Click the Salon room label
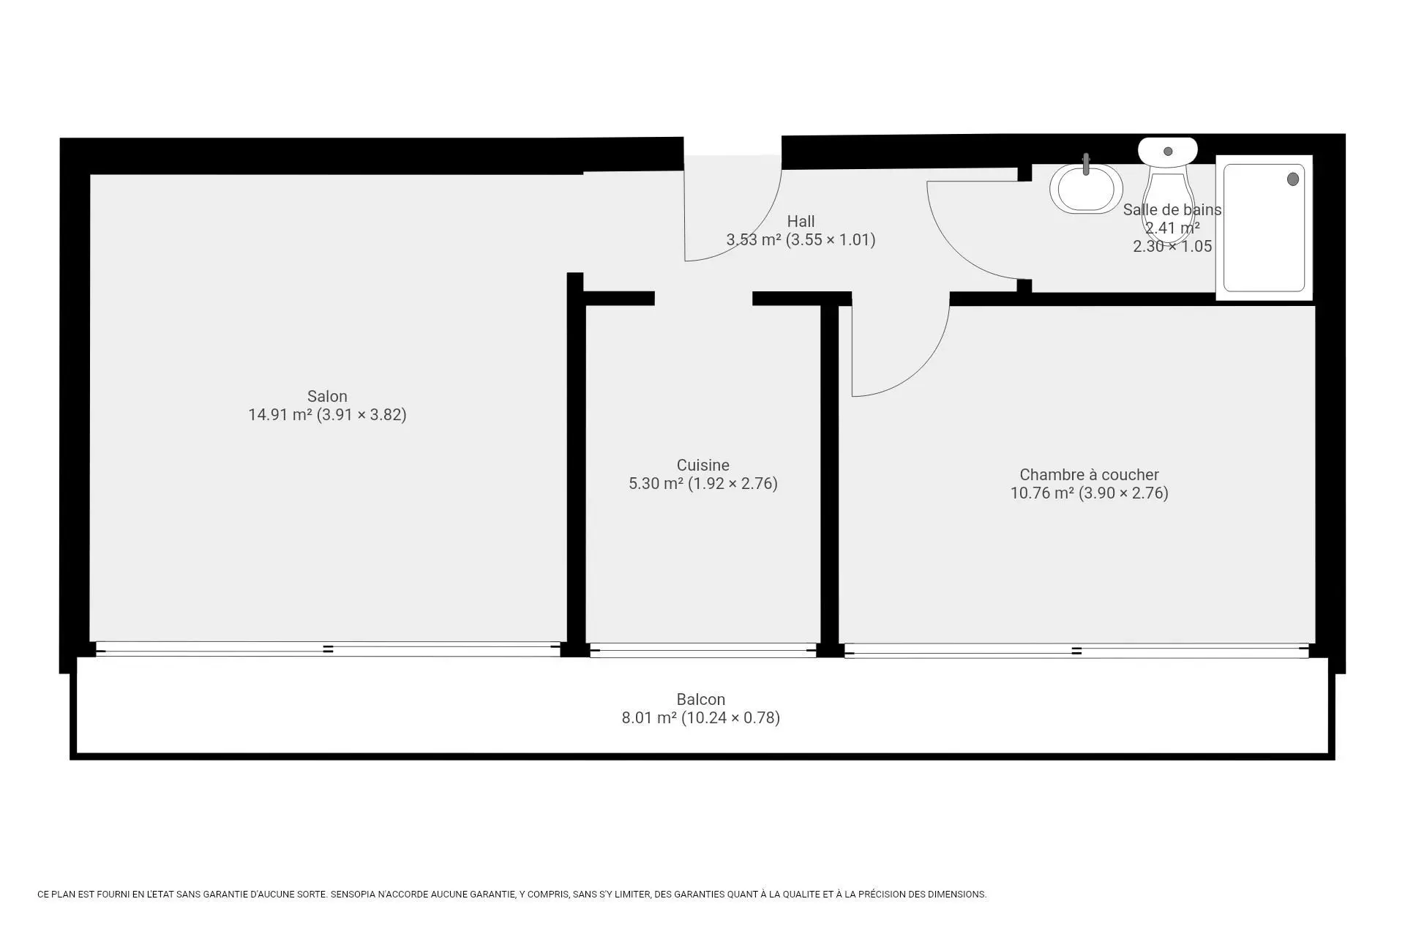(327, 397)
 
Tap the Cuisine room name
(702, 466)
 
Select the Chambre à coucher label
(1089, 475)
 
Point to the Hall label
(801, 222)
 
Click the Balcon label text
(700, 700)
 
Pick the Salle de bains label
(1172, 210)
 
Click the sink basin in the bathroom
(1086, 188)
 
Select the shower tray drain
(1293, 179)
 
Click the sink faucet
(1086, 165)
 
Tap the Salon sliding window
(328, 649)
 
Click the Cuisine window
(702, 650)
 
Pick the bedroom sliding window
(1076, 651)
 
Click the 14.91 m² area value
(280, 415)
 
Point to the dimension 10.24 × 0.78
(730, 718)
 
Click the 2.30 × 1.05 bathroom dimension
(1172, 247)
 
